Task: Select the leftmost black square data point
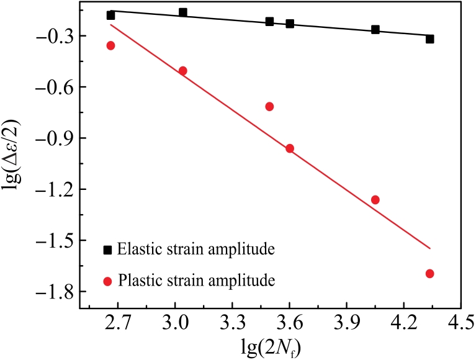click(110, 16)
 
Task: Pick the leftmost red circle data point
click(110, 45)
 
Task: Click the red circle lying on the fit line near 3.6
click(289, 148)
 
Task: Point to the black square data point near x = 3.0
click(182, 12)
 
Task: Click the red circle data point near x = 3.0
click(182, 71)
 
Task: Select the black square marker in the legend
click(108, 250)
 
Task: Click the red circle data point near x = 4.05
click(375, 200)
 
